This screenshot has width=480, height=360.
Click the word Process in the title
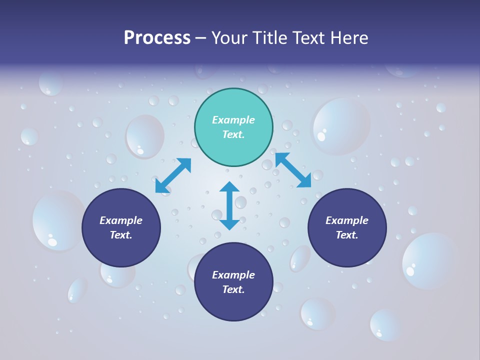pyautogui.click(x=157, y=38)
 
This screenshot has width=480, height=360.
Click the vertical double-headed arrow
pyautogui.click(x=229, y=206)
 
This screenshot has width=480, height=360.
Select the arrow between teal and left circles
pyautogui.click(x=173, y=175)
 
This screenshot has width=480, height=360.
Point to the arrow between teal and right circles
pyautogui.click(x=293, y=170)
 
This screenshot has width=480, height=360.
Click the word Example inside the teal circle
pyautogui.click(x=233, y=120)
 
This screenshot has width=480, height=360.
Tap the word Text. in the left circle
pyautogui.click(x=121, y=235)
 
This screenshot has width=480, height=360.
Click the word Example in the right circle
pyautogui.click(x=347, y=220)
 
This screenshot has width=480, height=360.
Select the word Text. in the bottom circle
pyautogui.click(x=233, y=289)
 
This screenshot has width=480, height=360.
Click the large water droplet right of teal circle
pyautogui.click(x=341, y=126)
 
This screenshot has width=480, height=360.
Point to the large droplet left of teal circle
pyautogui.click(x=144, y=136)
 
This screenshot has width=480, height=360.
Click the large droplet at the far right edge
pyautogui.click(x=429, y=260)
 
